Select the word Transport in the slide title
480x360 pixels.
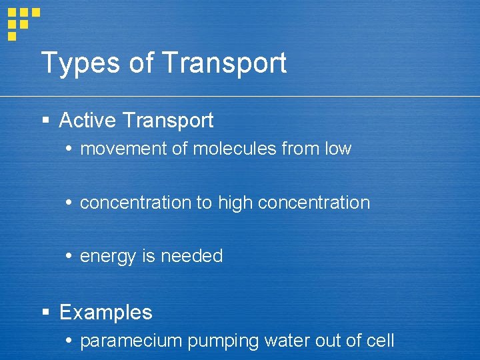click(224, 63)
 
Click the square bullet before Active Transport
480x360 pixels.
click(45, 121)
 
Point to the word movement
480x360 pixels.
click(123, 149)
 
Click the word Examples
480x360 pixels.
click(106, 312)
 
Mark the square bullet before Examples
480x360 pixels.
click(45, 312)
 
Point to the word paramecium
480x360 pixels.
click(131, 341)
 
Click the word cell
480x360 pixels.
click(381, 341)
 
